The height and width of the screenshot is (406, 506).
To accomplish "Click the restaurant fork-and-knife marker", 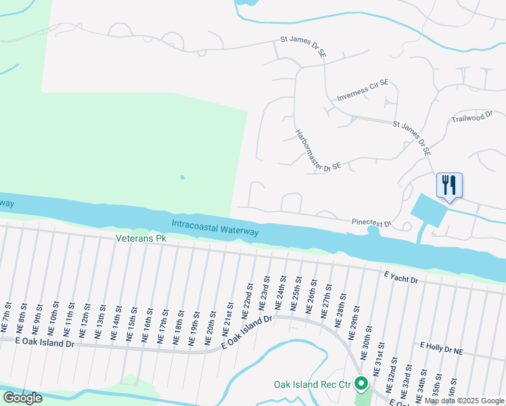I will [449, 184].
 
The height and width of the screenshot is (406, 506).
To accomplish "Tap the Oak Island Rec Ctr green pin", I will [361, 384].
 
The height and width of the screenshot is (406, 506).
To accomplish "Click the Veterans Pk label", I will [141, 238].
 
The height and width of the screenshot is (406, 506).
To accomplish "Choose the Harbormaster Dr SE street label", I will [317, 150].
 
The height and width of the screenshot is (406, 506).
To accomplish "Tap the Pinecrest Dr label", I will [371, 222].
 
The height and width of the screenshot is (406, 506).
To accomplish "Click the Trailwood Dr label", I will [471, 118].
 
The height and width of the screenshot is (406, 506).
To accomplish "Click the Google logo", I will [22, 398].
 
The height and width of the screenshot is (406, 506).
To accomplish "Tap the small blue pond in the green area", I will [181, 178].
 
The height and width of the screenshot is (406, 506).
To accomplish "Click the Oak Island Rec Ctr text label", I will [313, 384].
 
